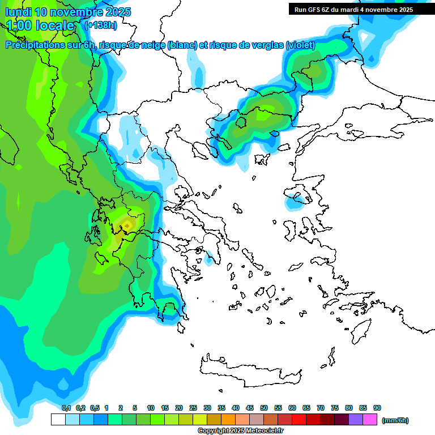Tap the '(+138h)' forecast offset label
[x=100, y=25]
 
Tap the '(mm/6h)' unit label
[x=395, y=420]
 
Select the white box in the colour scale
[x=58, y=420]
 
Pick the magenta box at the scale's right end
[x=370, y=420]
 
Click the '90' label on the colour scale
[x=377, y=408]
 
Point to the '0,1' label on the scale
[x=66, y=408]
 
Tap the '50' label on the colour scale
[x=264, y=408]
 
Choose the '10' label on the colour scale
[x=151, y=408]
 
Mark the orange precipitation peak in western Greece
[x=128, y=225]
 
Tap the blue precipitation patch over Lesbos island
[x=297, y=199]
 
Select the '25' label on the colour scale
[x=193, y=408]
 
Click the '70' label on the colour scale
[x=321, y=408]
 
